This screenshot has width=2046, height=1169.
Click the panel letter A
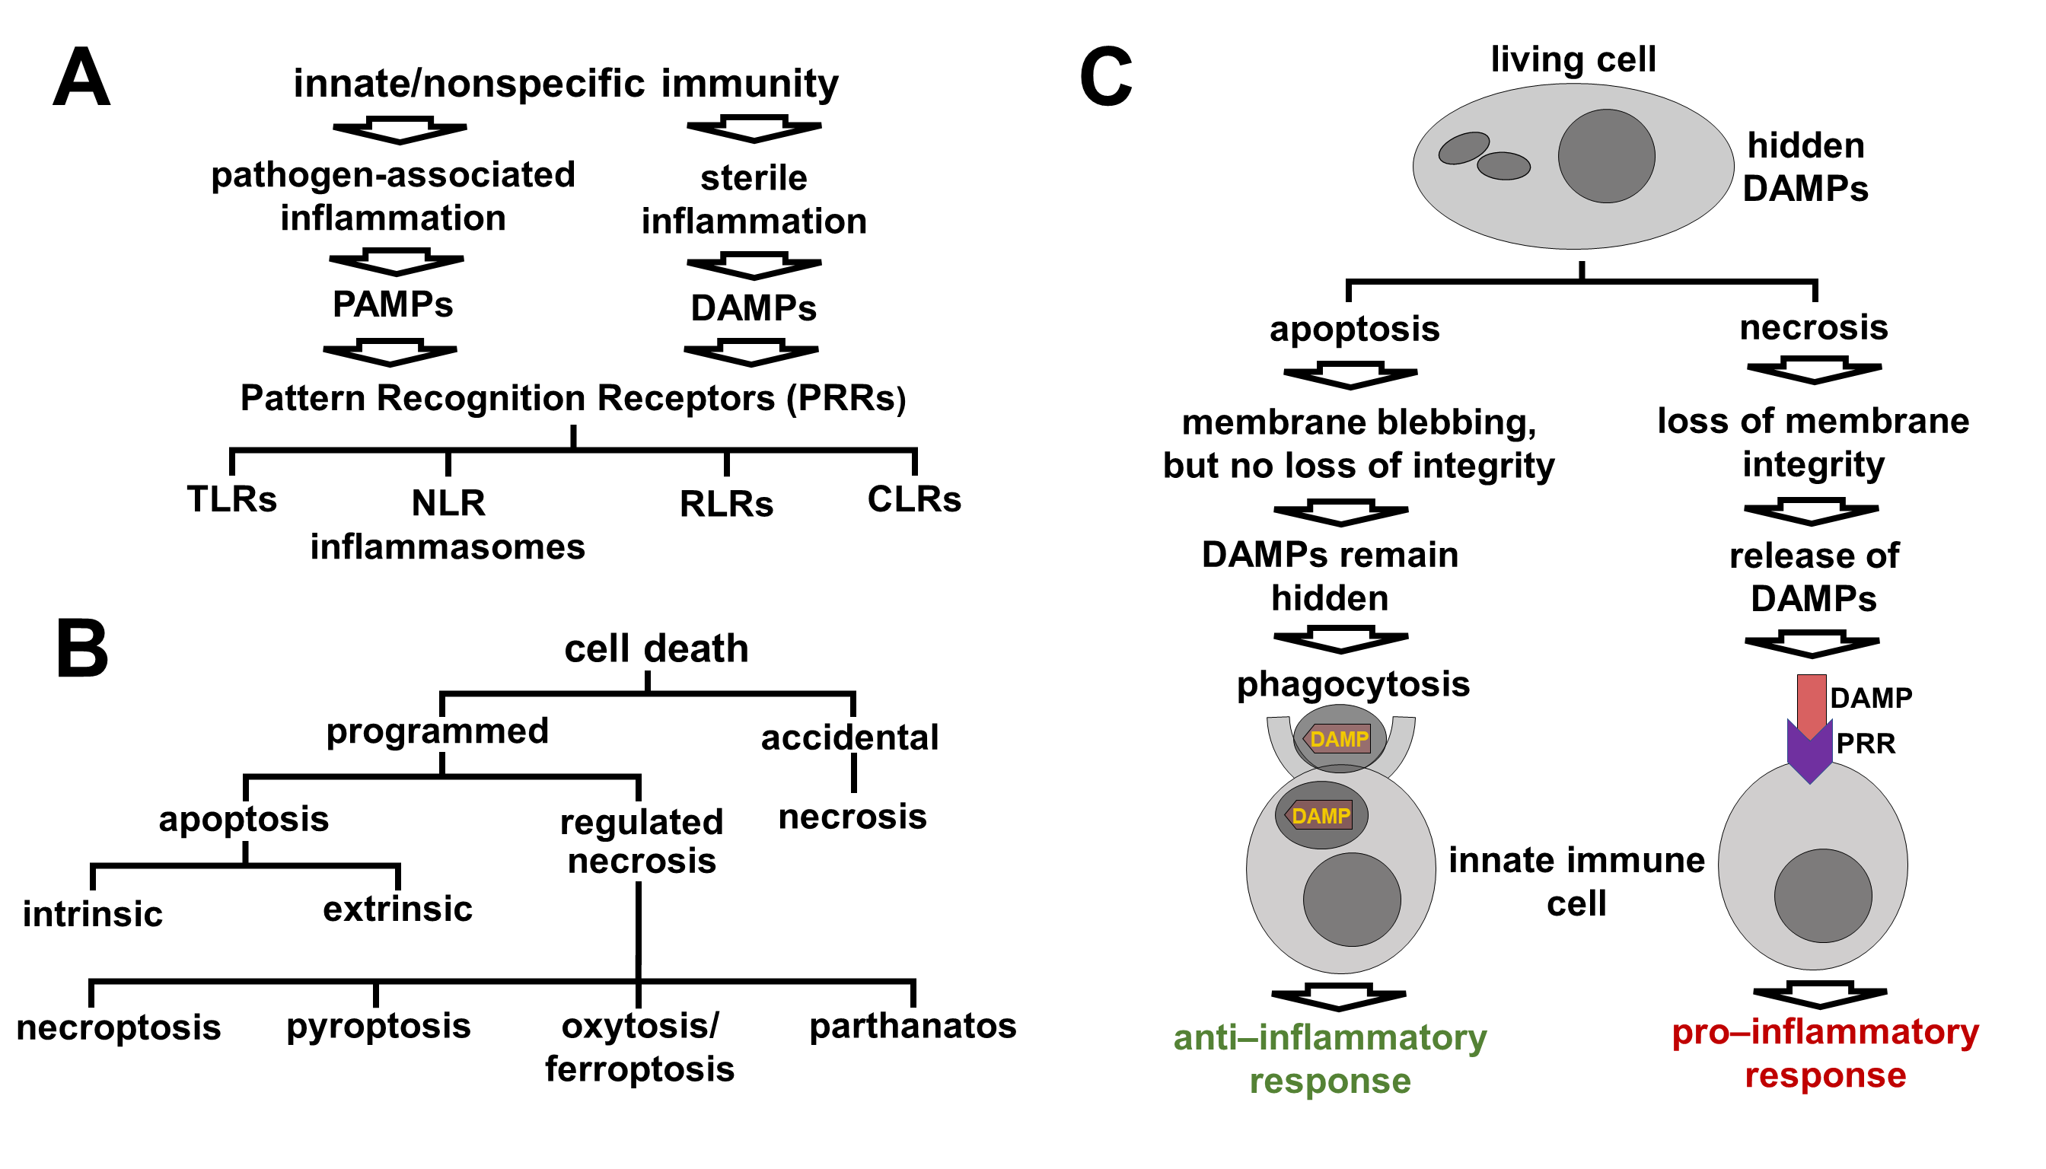coord(81,78)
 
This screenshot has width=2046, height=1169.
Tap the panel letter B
coord(81,648)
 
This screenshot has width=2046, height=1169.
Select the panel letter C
coord(1106,78)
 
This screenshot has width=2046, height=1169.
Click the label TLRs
coord(231,499)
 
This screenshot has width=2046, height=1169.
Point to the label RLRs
coord(726,505)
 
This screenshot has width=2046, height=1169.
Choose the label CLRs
coord(914,499)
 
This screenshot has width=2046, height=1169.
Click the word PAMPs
coord(393,304)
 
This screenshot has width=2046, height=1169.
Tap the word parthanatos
coord(912,1026)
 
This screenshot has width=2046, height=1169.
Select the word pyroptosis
coord(378,1026)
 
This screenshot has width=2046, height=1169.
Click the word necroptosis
coord(118,1027)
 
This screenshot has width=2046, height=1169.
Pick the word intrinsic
coord(92,915)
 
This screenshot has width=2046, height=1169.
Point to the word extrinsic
coord(397,909)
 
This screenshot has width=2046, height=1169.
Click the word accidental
coord(849,737)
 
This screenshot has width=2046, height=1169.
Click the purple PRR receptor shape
coord(1810,755)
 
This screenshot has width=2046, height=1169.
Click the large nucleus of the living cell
coord(1606,156)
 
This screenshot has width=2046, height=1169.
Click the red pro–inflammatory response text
coord(1825,1053)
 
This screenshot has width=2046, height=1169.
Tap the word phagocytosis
coord(1353,684)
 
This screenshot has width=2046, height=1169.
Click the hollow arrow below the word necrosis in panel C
coord(1814,370)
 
